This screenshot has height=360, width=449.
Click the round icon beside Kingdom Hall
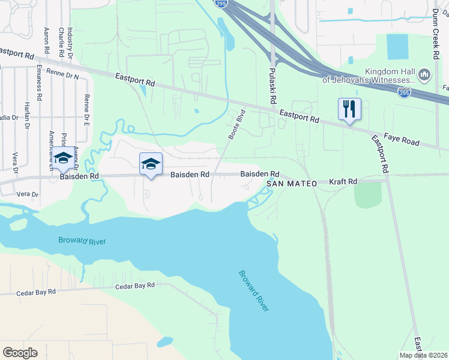424,75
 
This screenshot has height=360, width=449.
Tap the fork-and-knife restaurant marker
349,109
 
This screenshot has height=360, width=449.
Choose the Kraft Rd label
343,181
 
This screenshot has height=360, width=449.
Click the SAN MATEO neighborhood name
292,183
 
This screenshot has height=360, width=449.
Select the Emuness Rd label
40,82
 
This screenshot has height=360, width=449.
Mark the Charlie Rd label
61,42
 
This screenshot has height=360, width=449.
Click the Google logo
20,352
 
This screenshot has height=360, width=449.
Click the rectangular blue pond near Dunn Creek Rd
397,47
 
